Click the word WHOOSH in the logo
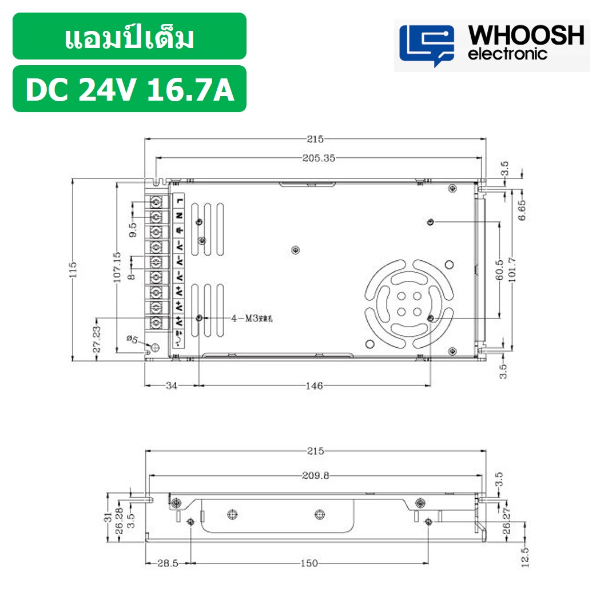point(526,35)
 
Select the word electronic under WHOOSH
point(507,54)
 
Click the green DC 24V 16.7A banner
point(130,89)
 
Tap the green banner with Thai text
point(130,37)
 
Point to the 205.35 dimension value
point(319,158)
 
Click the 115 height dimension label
point(73,269)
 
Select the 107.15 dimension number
point(117,268)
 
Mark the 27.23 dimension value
point(97,339)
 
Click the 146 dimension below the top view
point(314,386)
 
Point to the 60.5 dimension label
point(500,269)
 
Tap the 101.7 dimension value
point(513,269)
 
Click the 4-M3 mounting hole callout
point(252,318)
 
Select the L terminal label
point(180,200)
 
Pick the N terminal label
point(180,215)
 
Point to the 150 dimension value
point(309,563)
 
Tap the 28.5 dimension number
point(168,563)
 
